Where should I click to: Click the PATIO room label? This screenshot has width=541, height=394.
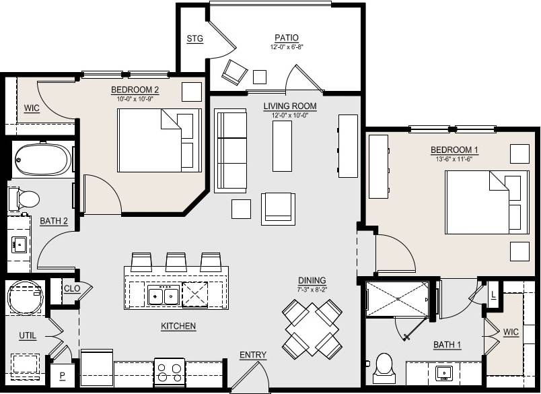tap(287, 38)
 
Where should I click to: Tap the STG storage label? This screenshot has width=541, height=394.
tap(194, 38)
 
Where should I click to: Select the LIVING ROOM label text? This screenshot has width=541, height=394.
tap(289, 106)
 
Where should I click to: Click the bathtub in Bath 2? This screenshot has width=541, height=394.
tap(42, 160)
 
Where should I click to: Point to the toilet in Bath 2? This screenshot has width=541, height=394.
tap(26, 199)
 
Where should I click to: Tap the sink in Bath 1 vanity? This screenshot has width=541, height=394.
tap(443, 372)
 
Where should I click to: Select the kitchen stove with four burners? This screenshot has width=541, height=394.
tap(170, 372)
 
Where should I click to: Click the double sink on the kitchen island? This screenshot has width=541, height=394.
tap(164, 295)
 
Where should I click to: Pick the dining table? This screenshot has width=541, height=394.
tap(312, 329)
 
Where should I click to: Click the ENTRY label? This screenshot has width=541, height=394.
tap(253, 355)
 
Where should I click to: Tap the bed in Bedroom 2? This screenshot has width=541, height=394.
tap(160, 139)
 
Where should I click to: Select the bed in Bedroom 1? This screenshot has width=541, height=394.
tap(486, 202)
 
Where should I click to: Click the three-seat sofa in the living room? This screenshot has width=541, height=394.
tap(231, 149)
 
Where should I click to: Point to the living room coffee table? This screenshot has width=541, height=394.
tap(282, 146)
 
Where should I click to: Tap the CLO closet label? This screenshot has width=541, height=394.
tap(72, 289)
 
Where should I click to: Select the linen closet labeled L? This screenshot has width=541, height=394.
tap(493, 295)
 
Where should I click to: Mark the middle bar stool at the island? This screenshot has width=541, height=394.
tap(176, 260)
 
